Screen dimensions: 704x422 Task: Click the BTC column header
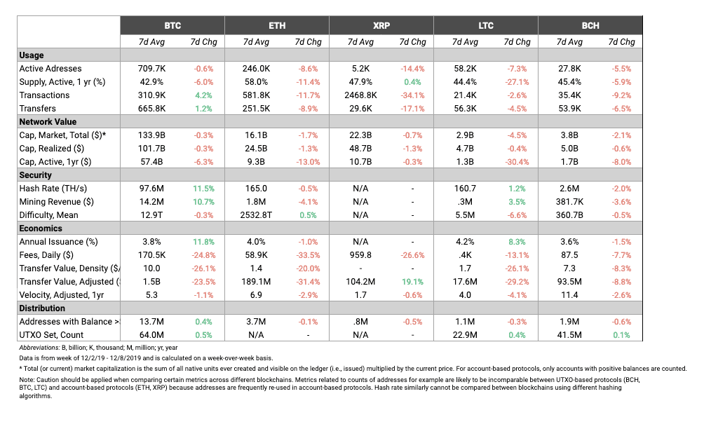pos(172,26)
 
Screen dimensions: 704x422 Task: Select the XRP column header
pos(381,26)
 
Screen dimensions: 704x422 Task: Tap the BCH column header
pos(590,26)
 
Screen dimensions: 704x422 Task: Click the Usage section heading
pos(32,55)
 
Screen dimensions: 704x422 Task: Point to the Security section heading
pos(36,175)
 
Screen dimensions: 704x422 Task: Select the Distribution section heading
pos(42,308)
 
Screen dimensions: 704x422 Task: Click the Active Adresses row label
pos(50,69)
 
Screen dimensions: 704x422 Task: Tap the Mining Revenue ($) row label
pos(57,202)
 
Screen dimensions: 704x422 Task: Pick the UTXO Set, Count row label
pos(51,335)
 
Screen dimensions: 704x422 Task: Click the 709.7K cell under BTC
pos(151,69)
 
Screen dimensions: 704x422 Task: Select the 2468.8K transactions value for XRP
pos(360,95)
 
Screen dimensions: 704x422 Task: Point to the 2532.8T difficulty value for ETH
pos(256,215)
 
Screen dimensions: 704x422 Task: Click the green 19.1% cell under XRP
pos(412,282)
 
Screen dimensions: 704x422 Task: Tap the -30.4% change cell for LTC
pos(517,162)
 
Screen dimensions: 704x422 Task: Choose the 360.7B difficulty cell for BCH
pos(569,215)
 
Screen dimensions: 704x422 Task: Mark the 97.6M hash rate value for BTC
pos(151,189)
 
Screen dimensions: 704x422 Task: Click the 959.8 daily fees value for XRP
pos(360,255)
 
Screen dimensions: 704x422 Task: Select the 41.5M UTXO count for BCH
pos(569,335)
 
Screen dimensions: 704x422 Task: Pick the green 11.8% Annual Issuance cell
pos(204,242)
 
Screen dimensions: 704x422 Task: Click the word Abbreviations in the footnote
pos(39,348)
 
